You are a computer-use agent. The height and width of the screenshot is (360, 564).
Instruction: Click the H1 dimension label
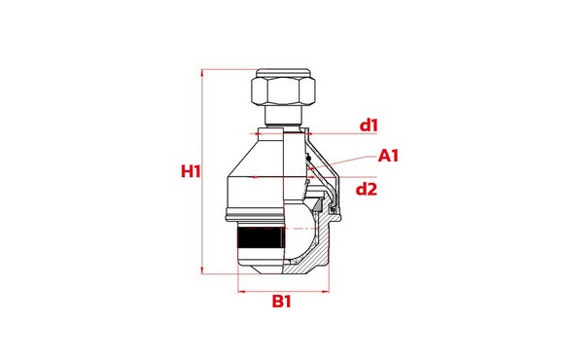click(x=191, y=171)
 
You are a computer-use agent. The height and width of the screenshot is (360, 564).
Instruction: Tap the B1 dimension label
click(x=282, y=303)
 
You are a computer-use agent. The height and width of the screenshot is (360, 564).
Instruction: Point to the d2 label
click(x=366, y=189)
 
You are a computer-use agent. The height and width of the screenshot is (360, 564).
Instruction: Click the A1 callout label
click(x=390, y=155)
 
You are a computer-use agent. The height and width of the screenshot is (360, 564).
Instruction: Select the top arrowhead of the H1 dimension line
click(x=204, y=71)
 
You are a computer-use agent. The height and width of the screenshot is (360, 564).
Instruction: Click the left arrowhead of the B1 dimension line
click(x=240, y=289)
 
